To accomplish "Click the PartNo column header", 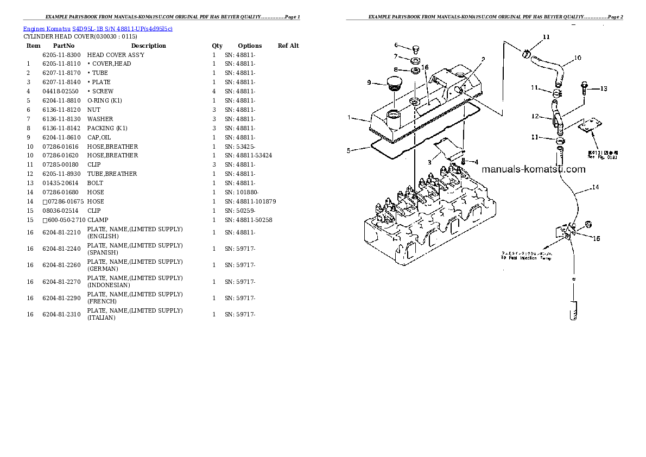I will [x=64, y=46].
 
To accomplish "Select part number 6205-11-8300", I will [x=61, y=55].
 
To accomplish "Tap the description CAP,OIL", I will [x=100, y=137].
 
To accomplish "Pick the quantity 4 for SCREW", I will [x=214, y=91].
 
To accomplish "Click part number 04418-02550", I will [x=60, y=91].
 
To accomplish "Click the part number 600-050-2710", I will [x=66, y=220].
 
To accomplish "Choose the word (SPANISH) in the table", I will [x=103, y=252].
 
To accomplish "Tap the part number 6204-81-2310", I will [x=61, y=314].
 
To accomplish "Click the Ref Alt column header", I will [x=288, y=46].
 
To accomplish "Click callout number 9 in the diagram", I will [x=369, y=82].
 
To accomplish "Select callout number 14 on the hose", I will [x=596, y=187].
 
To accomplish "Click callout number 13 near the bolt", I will [x=604, y=88].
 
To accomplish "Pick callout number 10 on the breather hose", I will [x=577, y=58].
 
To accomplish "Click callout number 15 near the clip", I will [x=596, y=238].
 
